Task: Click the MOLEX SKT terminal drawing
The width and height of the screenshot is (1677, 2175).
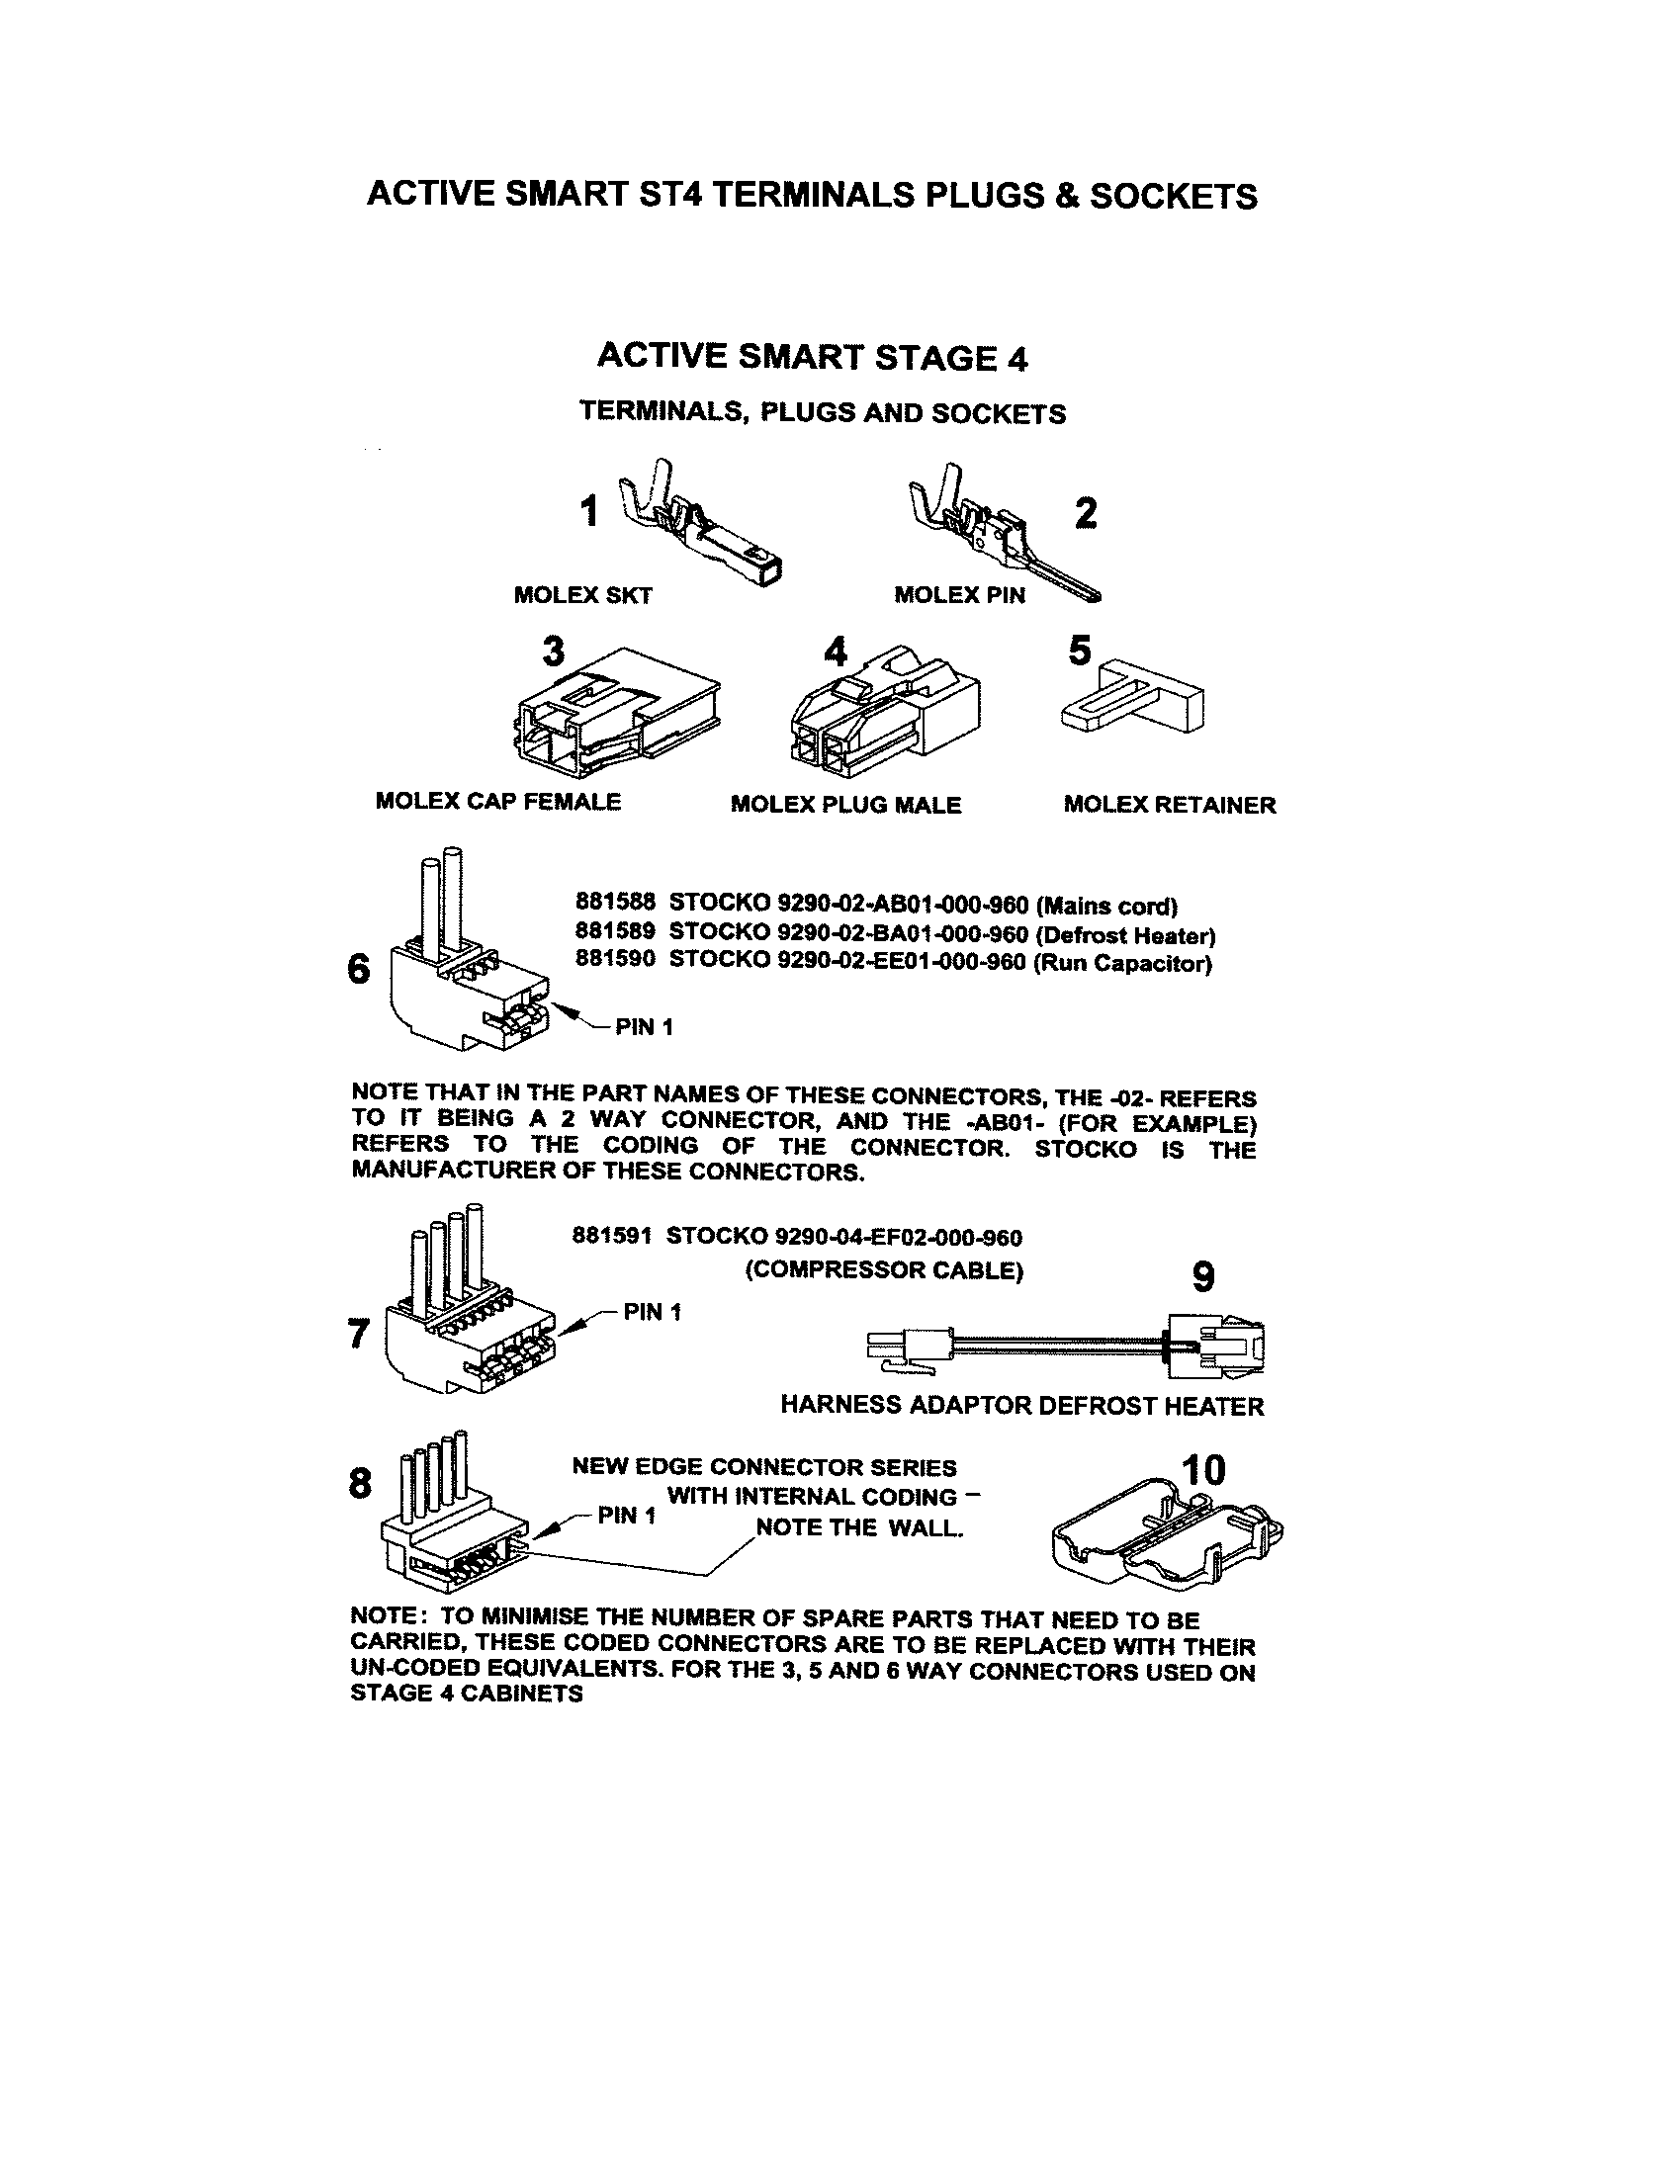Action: pos(702,525)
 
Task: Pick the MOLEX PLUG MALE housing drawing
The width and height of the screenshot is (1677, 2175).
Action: pos(883,715)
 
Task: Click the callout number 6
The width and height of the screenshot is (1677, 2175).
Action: pos(359,969)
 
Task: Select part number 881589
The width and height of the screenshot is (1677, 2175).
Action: pos(614,932)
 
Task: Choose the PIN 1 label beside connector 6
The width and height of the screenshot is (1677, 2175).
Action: pos(644,1027)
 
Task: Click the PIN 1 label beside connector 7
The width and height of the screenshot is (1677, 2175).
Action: pos(652,1312)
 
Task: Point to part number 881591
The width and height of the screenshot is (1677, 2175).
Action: pos(610,1237)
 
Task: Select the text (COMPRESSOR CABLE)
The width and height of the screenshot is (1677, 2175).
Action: pos(884,1270)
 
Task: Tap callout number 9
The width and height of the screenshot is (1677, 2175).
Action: pos(1203,1275)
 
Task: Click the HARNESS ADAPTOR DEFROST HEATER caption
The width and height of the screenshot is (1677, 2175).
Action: pos(1021,1405)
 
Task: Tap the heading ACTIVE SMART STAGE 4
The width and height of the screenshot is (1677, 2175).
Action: pos(812,357)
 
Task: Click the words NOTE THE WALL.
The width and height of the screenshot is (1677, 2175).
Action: pos(858,1527)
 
